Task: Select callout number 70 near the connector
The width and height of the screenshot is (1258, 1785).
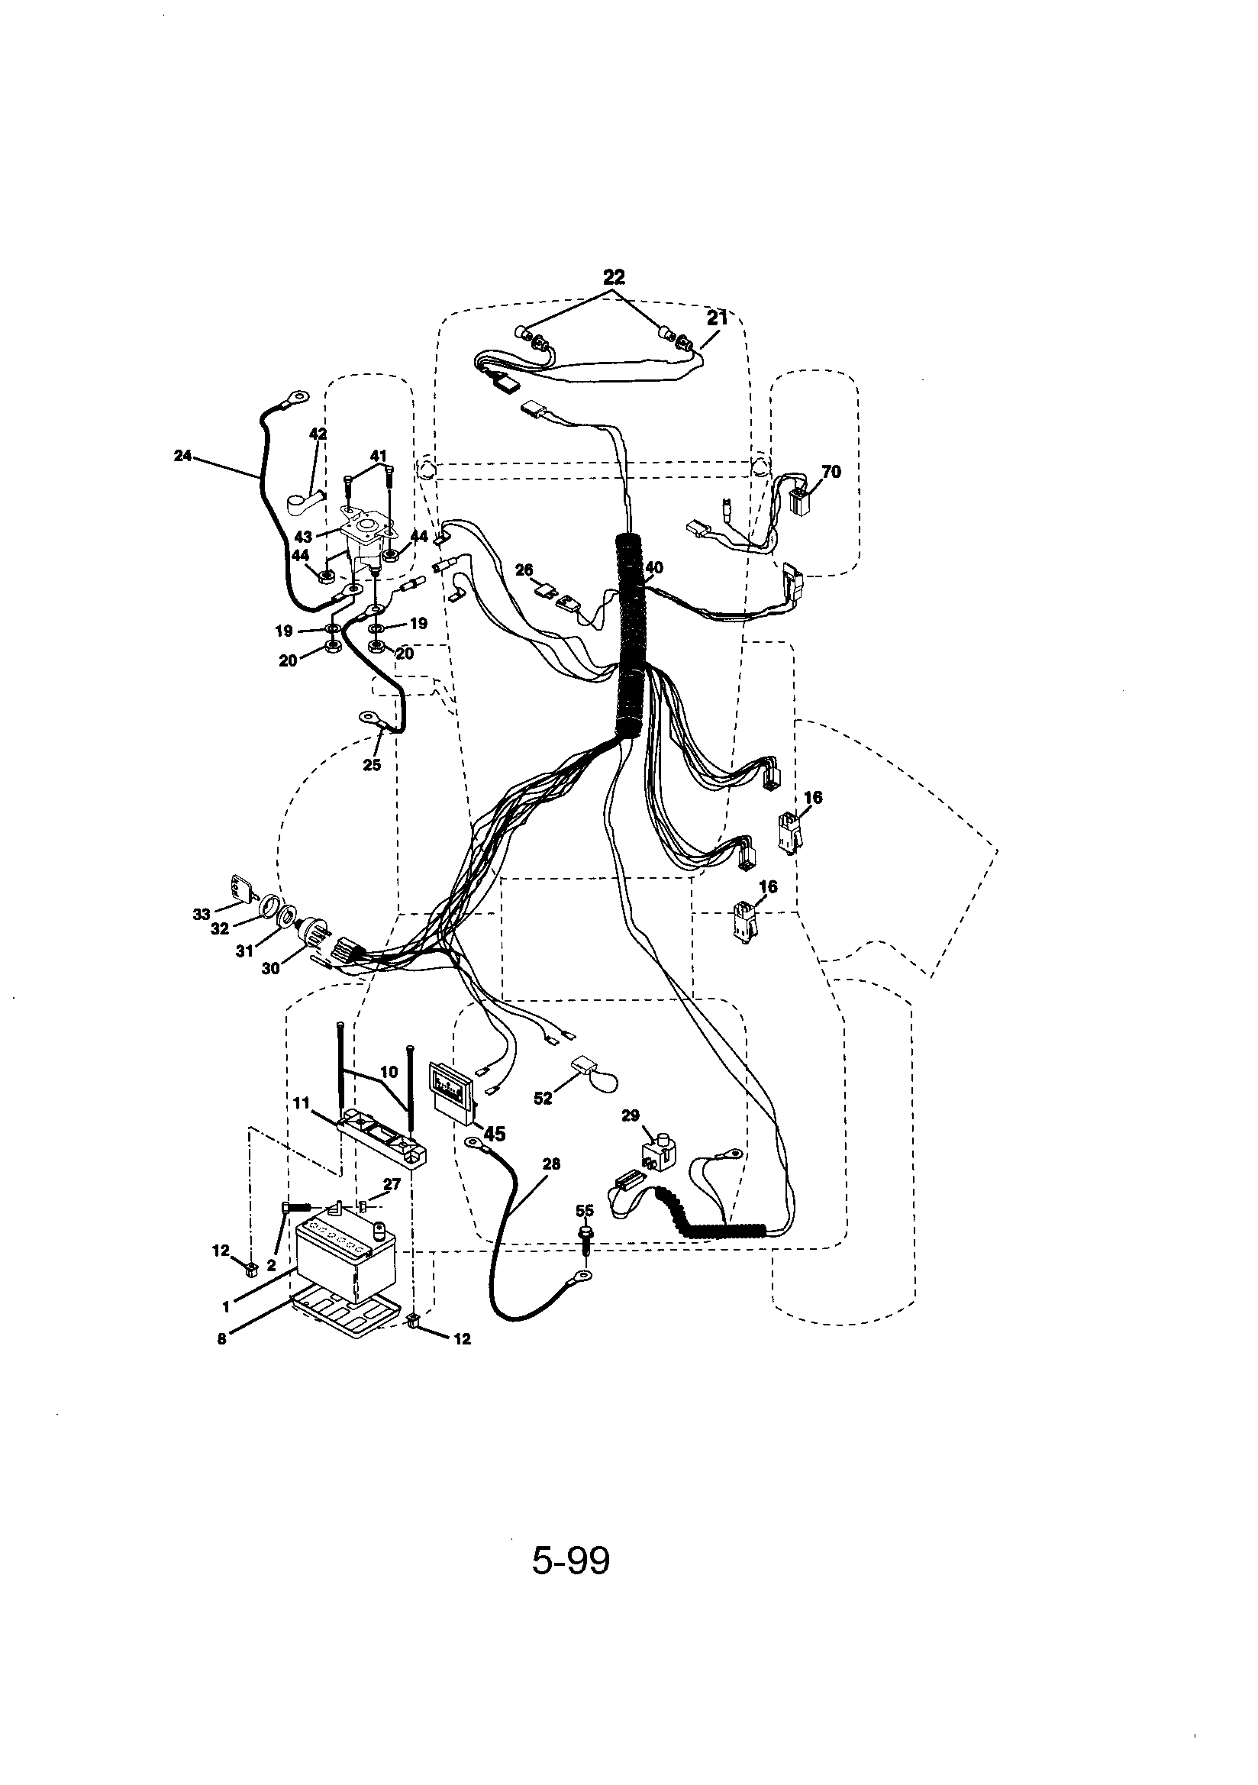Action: [831, 472]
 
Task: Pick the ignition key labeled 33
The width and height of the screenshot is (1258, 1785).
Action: [237, 889]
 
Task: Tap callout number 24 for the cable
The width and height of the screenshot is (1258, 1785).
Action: [182, 456]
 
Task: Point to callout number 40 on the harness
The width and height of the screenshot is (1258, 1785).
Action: [655, 568]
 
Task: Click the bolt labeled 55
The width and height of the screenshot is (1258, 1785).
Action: [585, 1237]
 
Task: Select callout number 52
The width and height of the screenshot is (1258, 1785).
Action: [543, 1098]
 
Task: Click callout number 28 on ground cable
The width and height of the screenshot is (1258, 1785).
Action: [551, 1164]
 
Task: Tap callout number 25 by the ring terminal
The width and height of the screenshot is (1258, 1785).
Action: [372, 765]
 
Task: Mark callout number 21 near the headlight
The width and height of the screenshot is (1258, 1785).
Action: [716, 318]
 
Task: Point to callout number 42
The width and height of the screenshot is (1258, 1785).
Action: [318, 434]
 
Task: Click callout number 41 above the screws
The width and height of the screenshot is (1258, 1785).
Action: [378, 456]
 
